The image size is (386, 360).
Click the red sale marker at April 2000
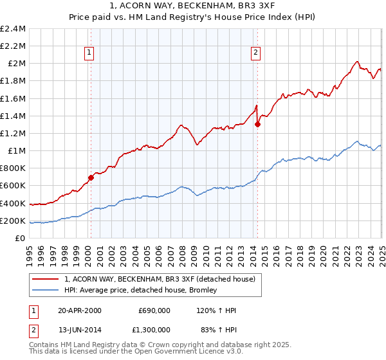point(91,178)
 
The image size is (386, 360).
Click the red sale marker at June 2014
point(257,125)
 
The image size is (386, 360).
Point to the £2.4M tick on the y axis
point(13,29)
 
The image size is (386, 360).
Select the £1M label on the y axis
point(17,151)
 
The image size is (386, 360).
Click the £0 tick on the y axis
point(21,239)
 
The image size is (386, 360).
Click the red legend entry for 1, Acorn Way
point(160,279)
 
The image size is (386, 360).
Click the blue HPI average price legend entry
point(140,290)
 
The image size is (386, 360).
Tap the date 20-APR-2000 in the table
point(80,310)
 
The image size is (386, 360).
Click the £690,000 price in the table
point(154,310)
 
